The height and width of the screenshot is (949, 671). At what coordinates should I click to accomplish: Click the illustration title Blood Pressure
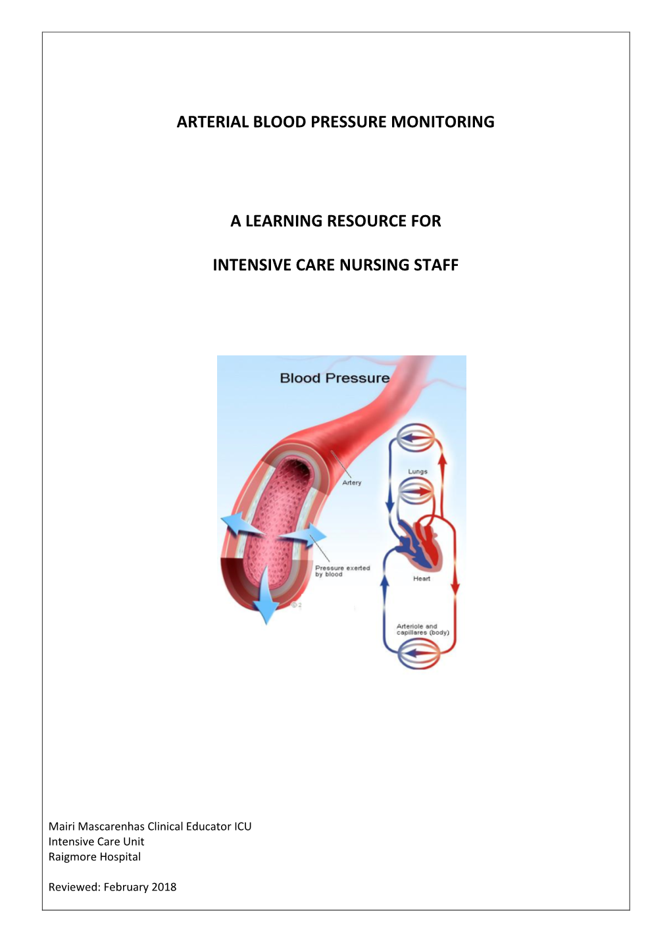click(x=334, y=378)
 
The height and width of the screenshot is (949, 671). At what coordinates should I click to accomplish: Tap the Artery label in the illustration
click(x=351, y=482)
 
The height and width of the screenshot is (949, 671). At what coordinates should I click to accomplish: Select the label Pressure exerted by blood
click(x=342, y=571)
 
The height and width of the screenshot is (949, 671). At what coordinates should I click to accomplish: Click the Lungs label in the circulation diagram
click(x=417, y=471)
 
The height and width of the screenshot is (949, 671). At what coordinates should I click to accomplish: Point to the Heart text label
click(x=422, y=578)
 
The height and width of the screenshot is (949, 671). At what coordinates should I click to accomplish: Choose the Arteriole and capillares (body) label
click(x=422, y=629)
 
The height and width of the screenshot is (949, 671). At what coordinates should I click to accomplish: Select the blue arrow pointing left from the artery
click(x=237, y=527)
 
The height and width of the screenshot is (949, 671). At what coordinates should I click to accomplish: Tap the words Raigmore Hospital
click(x=95, y=857)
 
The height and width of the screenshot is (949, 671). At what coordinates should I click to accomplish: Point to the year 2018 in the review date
click(x=164, y=887)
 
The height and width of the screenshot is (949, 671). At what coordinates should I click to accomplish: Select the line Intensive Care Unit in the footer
click(x=96, y=842)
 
